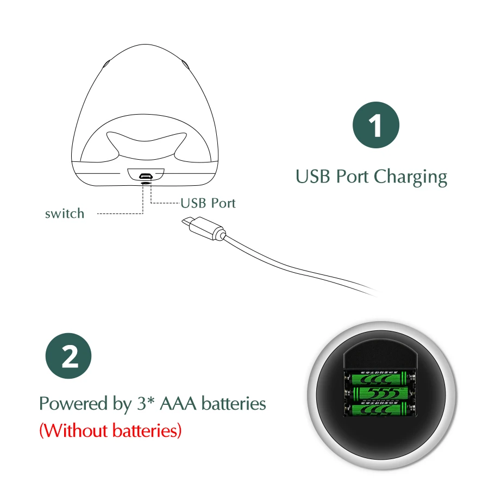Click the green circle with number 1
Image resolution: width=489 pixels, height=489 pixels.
point(376,124)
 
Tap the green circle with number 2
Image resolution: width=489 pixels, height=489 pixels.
point(68,357)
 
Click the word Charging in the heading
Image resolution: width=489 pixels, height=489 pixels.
point(410,177)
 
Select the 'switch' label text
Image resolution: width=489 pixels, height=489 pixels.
point(65,214)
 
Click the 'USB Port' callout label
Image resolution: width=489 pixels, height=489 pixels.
point(209,204)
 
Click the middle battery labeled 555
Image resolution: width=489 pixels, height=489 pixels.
point(380,392)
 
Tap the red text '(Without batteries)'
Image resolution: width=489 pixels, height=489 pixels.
point(110,431)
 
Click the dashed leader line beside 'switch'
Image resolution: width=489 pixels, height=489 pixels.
point(120,214)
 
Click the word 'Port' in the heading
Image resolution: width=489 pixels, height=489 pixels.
point(353,177)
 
